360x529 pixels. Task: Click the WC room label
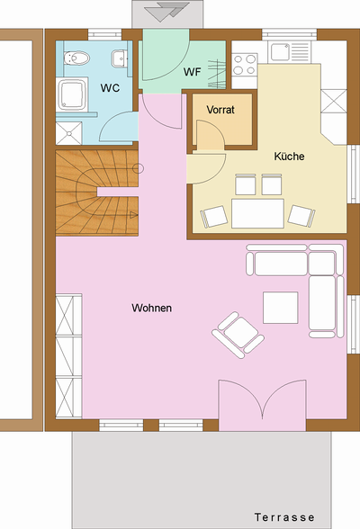tap(110, 88)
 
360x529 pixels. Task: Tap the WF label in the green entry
tap(193, 72)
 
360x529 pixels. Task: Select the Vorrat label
tap(220, 110)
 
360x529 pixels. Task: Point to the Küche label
tap(289, 157)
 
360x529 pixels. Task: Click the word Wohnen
tap(152, 308)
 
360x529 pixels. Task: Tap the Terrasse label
tap(284, 517)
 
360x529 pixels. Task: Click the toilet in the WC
tap(76, 58)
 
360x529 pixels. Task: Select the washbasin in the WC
tap(119, 58)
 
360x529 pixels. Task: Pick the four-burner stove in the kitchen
tap(245, 64)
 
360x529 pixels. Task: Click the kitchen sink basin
tap(280, 51)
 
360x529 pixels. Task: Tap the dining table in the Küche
tap(257, 213)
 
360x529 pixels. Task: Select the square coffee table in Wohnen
tap(281, 308)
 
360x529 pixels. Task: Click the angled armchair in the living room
tap(238, 335)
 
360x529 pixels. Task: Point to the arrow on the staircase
tap(134, 214)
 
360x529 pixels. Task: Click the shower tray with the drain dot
tap(68, 133)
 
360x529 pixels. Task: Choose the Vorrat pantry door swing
tap(211, 135)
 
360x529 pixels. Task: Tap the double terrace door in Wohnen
tap(263, 399)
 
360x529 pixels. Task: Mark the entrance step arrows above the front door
tap(167, 11)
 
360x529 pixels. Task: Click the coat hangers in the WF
tap(216, 74)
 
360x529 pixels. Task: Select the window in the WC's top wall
tap(104, 35)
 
